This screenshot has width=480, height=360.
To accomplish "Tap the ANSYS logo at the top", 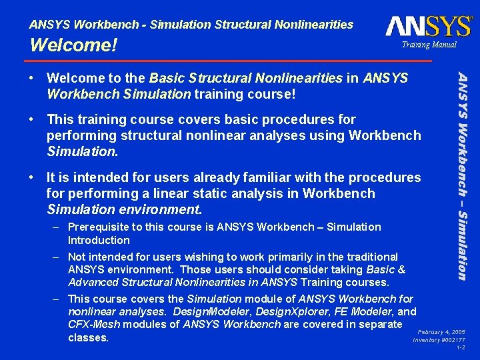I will coord(429,26).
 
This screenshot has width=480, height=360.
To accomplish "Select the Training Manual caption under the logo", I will coord(429,45).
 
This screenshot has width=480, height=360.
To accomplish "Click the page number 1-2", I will coord(461,348).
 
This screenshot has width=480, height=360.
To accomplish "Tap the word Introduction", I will coord(99,240).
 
